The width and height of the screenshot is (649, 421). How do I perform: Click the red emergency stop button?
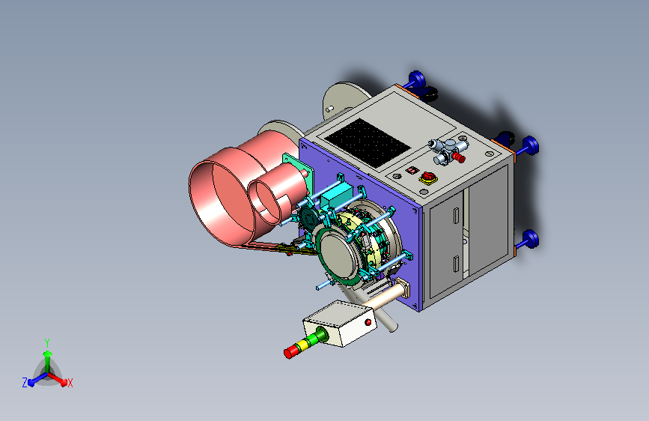pyautogui.click(x=428, y=178)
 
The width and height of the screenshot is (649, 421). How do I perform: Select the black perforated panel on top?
pyautogui.click(x=367, y=143)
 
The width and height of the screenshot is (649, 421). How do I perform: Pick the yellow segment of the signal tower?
pyautogui.click(x=304, y=344)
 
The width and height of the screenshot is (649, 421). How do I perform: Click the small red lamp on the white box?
pyautogui.click(x=368, y=322)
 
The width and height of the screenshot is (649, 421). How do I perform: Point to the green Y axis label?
pyautogui.click(x=47, y=343)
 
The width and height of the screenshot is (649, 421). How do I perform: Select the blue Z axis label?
pyautogui.click(x=25, y=383)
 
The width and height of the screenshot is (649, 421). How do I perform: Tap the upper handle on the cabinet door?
pyautogui.click(x=456, y=216)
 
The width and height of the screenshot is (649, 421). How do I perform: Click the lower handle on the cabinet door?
pyautogui.click(x=456, y=264)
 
